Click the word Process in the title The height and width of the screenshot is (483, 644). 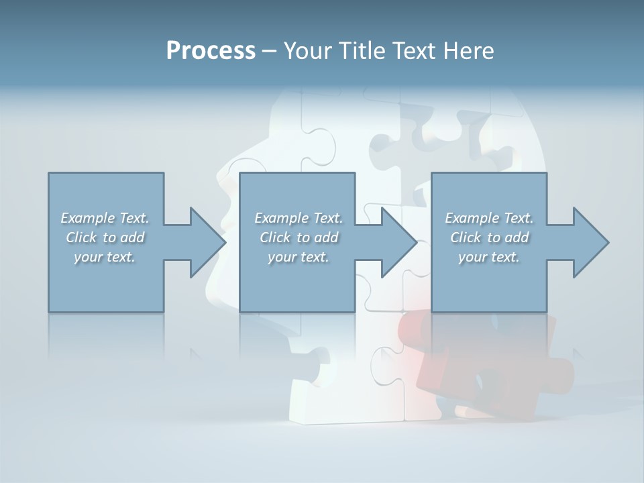211,51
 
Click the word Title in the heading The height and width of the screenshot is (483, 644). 362,51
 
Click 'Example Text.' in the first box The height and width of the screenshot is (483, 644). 105,218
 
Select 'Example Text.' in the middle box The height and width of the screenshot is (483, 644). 298,218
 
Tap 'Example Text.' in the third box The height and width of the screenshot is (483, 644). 489,218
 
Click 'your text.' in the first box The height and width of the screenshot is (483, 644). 105,257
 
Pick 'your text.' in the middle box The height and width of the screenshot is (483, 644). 298,257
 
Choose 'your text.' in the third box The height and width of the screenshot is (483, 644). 489,257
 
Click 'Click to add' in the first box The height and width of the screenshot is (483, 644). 105,237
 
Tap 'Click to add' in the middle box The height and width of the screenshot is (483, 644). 298,237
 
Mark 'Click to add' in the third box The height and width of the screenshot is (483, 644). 489,237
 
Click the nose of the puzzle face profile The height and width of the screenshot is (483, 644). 221,178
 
